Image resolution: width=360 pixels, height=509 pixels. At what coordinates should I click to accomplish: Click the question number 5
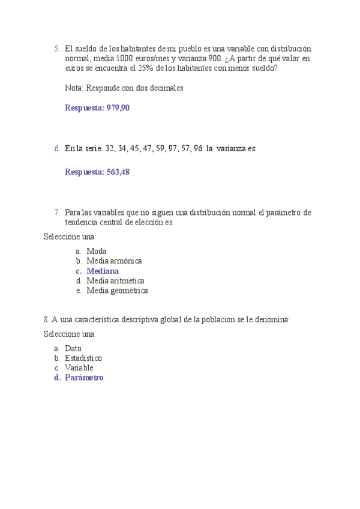(x=56, y=49)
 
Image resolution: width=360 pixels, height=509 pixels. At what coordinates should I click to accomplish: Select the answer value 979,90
(x=118, y=108)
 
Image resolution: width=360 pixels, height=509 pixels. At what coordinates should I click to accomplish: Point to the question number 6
(x=56, y=148)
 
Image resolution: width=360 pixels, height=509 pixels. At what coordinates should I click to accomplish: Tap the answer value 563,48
(x=118, y=172)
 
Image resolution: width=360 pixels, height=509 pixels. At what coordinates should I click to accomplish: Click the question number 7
(x=56, y=212)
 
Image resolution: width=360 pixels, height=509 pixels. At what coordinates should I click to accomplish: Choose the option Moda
(x=96, y=251)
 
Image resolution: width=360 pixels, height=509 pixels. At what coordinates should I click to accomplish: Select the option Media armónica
(x=114, y=261)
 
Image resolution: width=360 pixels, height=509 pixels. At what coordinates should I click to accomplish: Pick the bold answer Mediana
(x=103, y=271)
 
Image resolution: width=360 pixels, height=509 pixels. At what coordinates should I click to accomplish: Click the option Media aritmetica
(x=115, y=280)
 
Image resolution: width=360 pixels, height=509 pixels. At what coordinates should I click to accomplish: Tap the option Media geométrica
(x=117, y=291)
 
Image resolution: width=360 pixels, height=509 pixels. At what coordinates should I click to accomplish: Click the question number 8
(x=46, y=320)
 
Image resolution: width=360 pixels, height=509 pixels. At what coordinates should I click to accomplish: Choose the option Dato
(x=73, y=348)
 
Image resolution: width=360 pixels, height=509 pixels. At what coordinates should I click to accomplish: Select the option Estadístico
(x=83, y=358)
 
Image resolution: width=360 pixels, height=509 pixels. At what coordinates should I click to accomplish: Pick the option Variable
(x=79, y=367)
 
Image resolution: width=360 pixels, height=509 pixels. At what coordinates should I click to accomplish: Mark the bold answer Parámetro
(x=84, y=378)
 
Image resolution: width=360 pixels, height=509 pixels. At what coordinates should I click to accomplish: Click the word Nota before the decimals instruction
(x=74, y=88)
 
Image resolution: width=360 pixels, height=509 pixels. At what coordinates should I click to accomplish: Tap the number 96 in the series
(x=196, y=148)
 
